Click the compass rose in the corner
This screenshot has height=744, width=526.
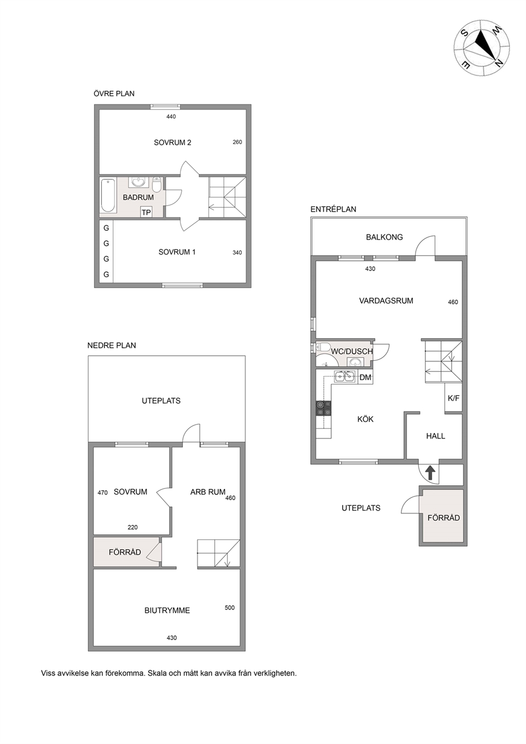pyautogui.click(x=482, y=48)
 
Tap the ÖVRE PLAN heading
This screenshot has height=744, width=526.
pyautogui.click(x=114, y=94)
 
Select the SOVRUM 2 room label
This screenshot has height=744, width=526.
pyautogui.click(x=172, y=143)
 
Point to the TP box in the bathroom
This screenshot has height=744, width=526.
pyautogui.click(x=146, y=212)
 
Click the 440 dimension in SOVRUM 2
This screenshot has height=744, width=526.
pyautogui.click(x=171, y=117)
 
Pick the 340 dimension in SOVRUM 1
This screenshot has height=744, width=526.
pyautogui.click(x=237, y=252)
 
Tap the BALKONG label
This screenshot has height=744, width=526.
pyautogui.click(x=384, y=237)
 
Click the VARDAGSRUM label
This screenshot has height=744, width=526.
pyautogui.click(x=386, y=301)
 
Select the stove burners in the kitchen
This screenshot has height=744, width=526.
pyautogui.click(x=323, y=408)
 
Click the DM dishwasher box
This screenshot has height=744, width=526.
pyautogui.click(x=365, y=378)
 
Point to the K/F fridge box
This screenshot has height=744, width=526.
pyautogui.click(x=453, y=398)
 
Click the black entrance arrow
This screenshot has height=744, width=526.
pyautogui.click(x=430, y=472)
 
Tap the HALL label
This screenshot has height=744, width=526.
pyautogui.click(x=435, y=436)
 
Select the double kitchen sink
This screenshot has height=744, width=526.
pyautogui.click(x=344, y=377)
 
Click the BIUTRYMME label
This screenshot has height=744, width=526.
pyautogui.click(x=167, y=610)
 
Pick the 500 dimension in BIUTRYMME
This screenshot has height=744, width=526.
pyautogui.click(x=230, y=608)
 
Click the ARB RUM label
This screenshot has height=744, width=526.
pyautogui.click(x=207, y=492)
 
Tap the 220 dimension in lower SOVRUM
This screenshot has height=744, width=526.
pyautogui.click(x=133, y=527)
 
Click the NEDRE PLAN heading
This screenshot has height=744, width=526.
pyautogui.click(x=111, y=345)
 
